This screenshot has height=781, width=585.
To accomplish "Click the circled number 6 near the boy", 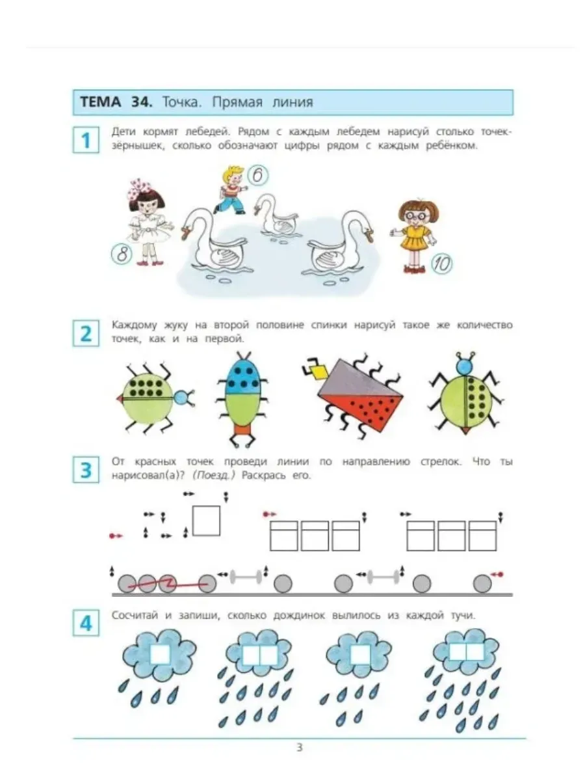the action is pyautogui.click(x=258, y=176).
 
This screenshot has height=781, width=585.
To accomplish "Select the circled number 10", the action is pyautogui.click(x=442, y=264).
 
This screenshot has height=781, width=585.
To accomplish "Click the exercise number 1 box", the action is pyautogui.click(x=86, y=140).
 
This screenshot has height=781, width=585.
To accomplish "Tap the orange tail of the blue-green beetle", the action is pyautogui.click(x=242, y=430).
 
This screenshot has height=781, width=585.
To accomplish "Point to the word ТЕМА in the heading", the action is pyautogui.click(x=101, y=102).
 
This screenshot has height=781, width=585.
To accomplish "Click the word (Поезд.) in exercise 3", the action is pyautogui.click(x=213, y=476).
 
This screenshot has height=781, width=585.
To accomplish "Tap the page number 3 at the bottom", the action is pyautogui.click(x=300, y=748).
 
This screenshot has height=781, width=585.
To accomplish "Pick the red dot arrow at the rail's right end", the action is pyautogui.click(x=497, y=574).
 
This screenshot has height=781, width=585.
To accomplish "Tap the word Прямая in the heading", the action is pyautogui.click(x=237, y=102).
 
